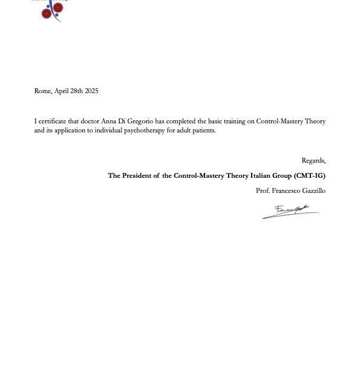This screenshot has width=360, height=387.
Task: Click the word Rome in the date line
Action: [42, 91]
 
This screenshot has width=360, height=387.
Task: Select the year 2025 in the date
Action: [91, 91]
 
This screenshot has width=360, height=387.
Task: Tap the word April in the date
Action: [62, 91]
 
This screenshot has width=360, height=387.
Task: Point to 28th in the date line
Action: [77, 91]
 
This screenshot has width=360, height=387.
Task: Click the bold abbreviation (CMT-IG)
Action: [309, 176]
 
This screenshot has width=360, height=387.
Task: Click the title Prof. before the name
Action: [263, 191]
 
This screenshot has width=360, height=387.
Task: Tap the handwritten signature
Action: [290, 212]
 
